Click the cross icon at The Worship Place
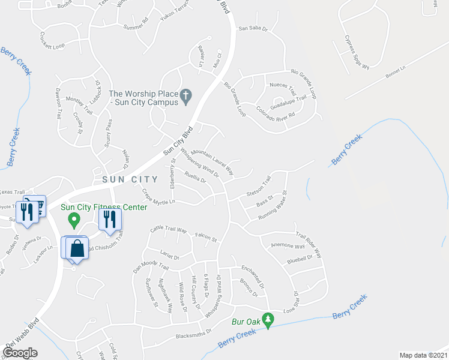[x=186, y=94]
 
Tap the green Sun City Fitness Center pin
[x=74, y=220]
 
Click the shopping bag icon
[x=77, y=247]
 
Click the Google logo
[x=20, y=353]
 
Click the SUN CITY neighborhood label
[x=125, y=179]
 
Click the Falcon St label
[x=205, y=238]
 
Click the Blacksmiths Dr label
[x=193, y=333]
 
